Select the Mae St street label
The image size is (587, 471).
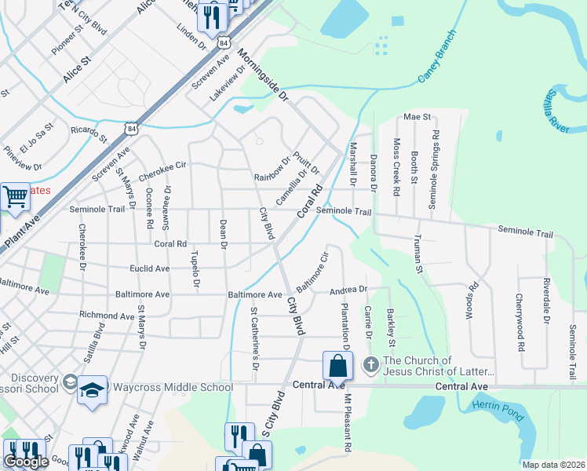tap(417, 117)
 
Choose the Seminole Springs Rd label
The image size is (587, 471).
tap(433, 170)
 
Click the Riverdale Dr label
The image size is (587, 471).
tap(545, 301)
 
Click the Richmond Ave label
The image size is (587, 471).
tap(106, 316)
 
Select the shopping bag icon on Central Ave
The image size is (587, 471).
tap(337, 366)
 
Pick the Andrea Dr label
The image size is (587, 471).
tap(348, 290)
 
